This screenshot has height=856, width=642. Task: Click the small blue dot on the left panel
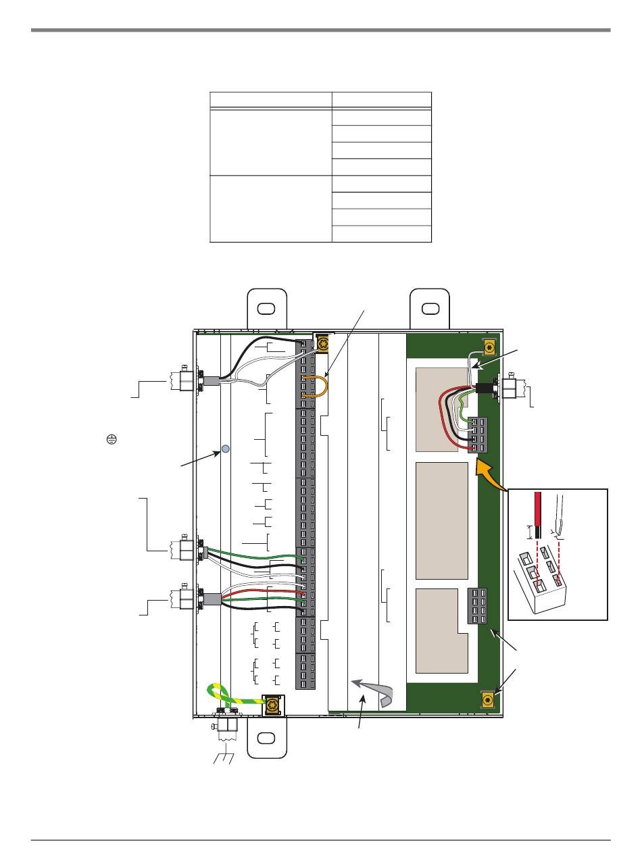[226, 449]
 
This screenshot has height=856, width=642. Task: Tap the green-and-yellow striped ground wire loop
[223, 696]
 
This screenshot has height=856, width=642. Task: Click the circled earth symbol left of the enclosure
[112, 438]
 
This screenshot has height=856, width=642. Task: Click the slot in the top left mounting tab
[266, 309]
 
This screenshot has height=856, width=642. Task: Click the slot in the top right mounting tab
[429, 309]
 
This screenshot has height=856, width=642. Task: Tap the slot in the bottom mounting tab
[266, 738]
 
